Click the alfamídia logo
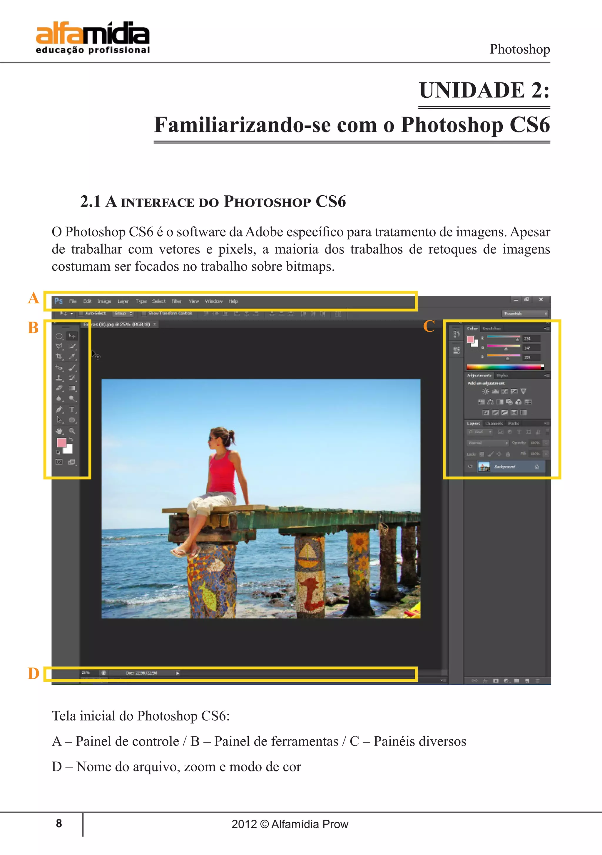[93, 38]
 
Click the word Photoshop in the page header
[519, 49]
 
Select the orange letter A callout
[34, 298]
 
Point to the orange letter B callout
[33, 328]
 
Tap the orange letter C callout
[429, 327]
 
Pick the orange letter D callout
[34, 673]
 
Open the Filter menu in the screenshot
[176, 301]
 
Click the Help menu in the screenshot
[233, 301]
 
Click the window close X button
[541, 300]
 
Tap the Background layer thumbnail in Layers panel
[484, 467]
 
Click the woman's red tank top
[222, 471]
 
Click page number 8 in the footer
[59, 823]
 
